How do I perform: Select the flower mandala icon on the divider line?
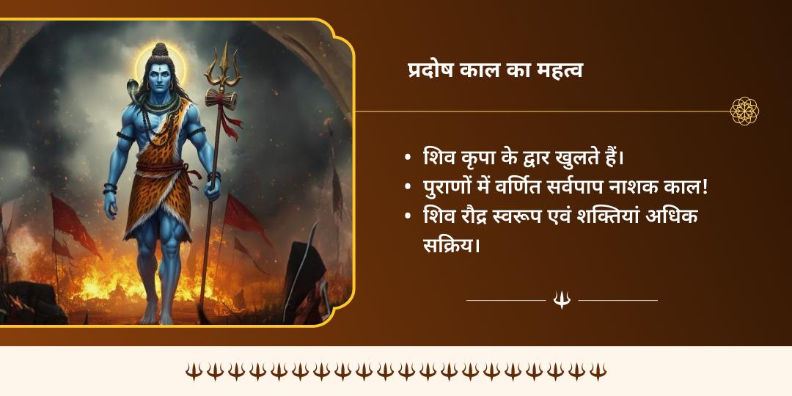point(744,111)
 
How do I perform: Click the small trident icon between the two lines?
point(562,300)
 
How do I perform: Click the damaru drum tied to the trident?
point(221,99)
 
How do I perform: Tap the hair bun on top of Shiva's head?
point(161,50)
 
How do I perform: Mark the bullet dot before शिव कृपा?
point(408,158)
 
